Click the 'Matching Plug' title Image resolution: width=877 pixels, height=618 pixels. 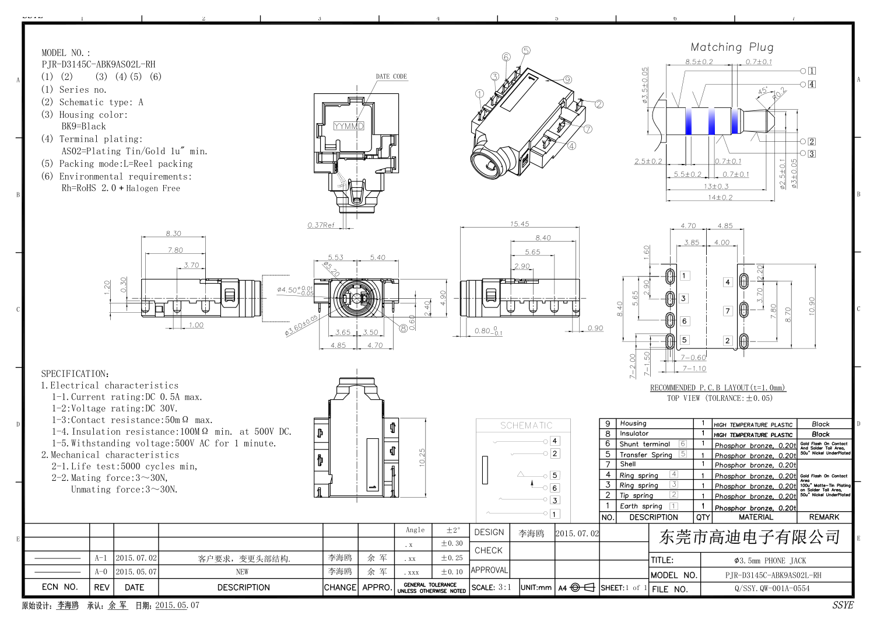click(x=732, y=47)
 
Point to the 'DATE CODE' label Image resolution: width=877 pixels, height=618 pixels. click(x=391, y=76)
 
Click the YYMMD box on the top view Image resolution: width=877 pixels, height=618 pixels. click(x=349, y=126)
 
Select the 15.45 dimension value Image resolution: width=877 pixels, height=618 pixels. click(x=520, y=224)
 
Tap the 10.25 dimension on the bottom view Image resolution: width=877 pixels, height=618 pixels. click(x=422, y=458)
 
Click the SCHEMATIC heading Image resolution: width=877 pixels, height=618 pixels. click(x=526, y=425)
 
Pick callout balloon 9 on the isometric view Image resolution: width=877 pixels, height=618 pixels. click(x=567, y=80)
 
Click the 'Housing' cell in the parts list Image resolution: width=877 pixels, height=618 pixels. click(x=633, y=423)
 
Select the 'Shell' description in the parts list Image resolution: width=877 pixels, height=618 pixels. click(x=628, y=464)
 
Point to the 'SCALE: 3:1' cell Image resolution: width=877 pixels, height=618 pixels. click(x=491, y=588)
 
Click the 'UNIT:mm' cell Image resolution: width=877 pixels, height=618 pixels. click(x=536, y=588)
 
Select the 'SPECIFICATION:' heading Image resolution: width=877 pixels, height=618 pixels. click(x=75, y=373)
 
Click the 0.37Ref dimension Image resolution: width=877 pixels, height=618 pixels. click(x=321, y=225)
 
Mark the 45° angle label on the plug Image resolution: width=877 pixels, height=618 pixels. click(x=763, y=91)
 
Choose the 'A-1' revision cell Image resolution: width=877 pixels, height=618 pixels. click(x=101, y=558)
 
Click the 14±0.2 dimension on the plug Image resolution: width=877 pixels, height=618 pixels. click(x=720, y=197)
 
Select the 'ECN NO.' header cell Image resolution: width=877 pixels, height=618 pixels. click(x=59, y=587)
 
